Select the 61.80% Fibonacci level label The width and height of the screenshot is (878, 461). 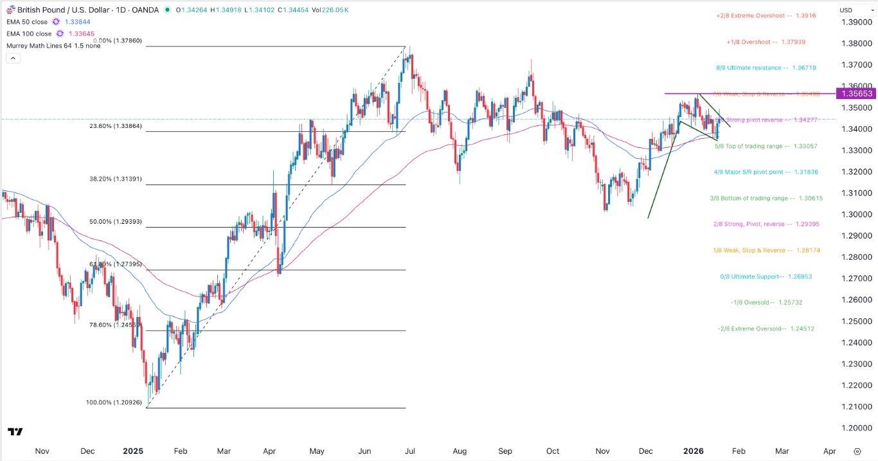pyautogui.click(x=114, y=264)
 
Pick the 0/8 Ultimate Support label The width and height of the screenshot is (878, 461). pyautogui.click(x=766, y=277)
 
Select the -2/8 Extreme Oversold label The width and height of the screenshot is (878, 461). pyautogui.click(x=766, y=329)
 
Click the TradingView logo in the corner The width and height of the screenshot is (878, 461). pyautogui.click(x=15, y=431)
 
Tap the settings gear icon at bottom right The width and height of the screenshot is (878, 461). pyautogui.click(x=857, y=451)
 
